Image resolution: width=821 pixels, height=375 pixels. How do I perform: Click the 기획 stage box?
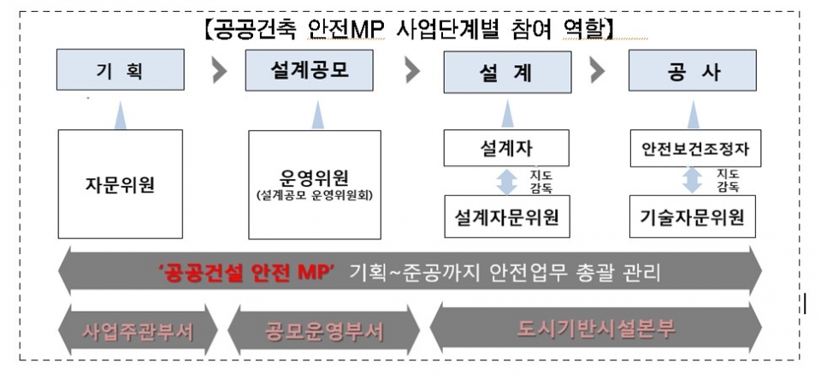(x=121, y=69)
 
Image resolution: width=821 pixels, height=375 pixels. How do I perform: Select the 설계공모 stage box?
(x=309, y=70)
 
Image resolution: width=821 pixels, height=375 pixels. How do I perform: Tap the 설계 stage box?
(x=507, y=72)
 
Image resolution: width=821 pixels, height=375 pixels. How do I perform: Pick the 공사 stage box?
(x=692, y=70)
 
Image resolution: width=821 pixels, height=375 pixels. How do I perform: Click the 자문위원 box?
(x=121, y=184)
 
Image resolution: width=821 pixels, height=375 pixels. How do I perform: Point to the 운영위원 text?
(x=314, y=178)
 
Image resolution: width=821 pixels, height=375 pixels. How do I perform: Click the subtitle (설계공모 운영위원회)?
(x=314, y=195)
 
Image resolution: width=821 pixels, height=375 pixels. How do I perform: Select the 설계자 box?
(x=506, y=148)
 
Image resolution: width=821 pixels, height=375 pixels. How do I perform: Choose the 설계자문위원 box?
(x=506, y=216)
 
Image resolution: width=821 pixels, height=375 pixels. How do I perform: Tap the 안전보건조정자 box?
(x=695, y=148)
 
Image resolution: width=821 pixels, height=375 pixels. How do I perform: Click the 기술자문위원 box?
(x=693, y=216)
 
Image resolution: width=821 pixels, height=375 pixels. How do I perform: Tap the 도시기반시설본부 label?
(x=596, y=328)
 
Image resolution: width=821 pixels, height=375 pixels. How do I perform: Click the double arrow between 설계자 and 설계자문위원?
(x=506, y=181)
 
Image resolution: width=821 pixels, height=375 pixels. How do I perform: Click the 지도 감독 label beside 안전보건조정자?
(x=728, y=181)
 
